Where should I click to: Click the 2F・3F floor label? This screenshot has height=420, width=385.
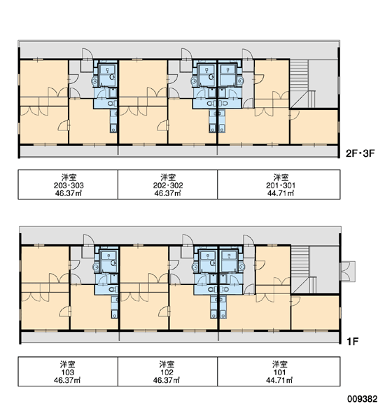click(360, 153)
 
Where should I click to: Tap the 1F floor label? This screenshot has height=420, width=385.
click(352, 342)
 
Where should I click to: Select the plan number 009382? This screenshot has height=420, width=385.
click(362, 399)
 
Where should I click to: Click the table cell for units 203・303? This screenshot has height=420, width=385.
click(68, 184)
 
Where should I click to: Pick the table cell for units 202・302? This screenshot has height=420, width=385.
click(168, 184)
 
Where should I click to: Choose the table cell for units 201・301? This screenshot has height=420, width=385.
click(279, 184)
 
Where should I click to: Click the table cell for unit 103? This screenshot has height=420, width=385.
click(68, 372)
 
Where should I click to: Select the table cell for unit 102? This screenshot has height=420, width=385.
click(168, 372)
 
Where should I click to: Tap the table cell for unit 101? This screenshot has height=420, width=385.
click(279, 372)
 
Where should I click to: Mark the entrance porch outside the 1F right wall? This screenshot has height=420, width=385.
click(347, 272)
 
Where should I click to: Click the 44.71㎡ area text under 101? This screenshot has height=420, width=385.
click(279, 380)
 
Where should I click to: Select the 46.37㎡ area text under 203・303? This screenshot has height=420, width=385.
click(68, 193)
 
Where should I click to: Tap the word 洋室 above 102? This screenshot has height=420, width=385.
click(167, 364)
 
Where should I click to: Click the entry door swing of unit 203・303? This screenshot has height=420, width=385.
click(87, 54)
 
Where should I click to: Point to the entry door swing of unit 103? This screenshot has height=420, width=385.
click(89, 240)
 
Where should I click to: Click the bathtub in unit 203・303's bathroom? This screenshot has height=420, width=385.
click(107, 72)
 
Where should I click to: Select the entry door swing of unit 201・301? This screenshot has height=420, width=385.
click(248, 54)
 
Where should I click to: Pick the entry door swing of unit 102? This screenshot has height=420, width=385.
click(188, 240)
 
